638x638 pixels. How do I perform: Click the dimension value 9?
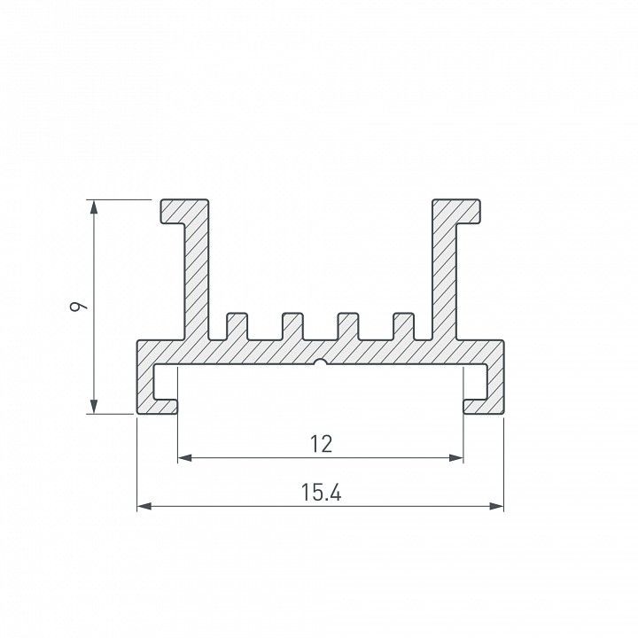click(77, 306)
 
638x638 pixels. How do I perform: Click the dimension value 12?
click(321, 444)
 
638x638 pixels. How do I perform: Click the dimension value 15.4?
click(321, 492)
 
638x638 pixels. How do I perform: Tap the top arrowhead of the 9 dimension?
click(94, 206)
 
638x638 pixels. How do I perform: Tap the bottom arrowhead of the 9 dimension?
click(94, 407)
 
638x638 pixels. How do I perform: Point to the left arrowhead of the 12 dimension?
click(185, 458)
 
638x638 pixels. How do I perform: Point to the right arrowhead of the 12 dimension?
click(456, 458)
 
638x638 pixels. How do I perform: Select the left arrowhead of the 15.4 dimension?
click(144, 506)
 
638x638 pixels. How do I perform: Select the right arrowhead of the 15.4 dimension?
click(496, 506)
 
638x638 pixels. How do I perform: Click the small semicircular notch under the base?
click(321, 362)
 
